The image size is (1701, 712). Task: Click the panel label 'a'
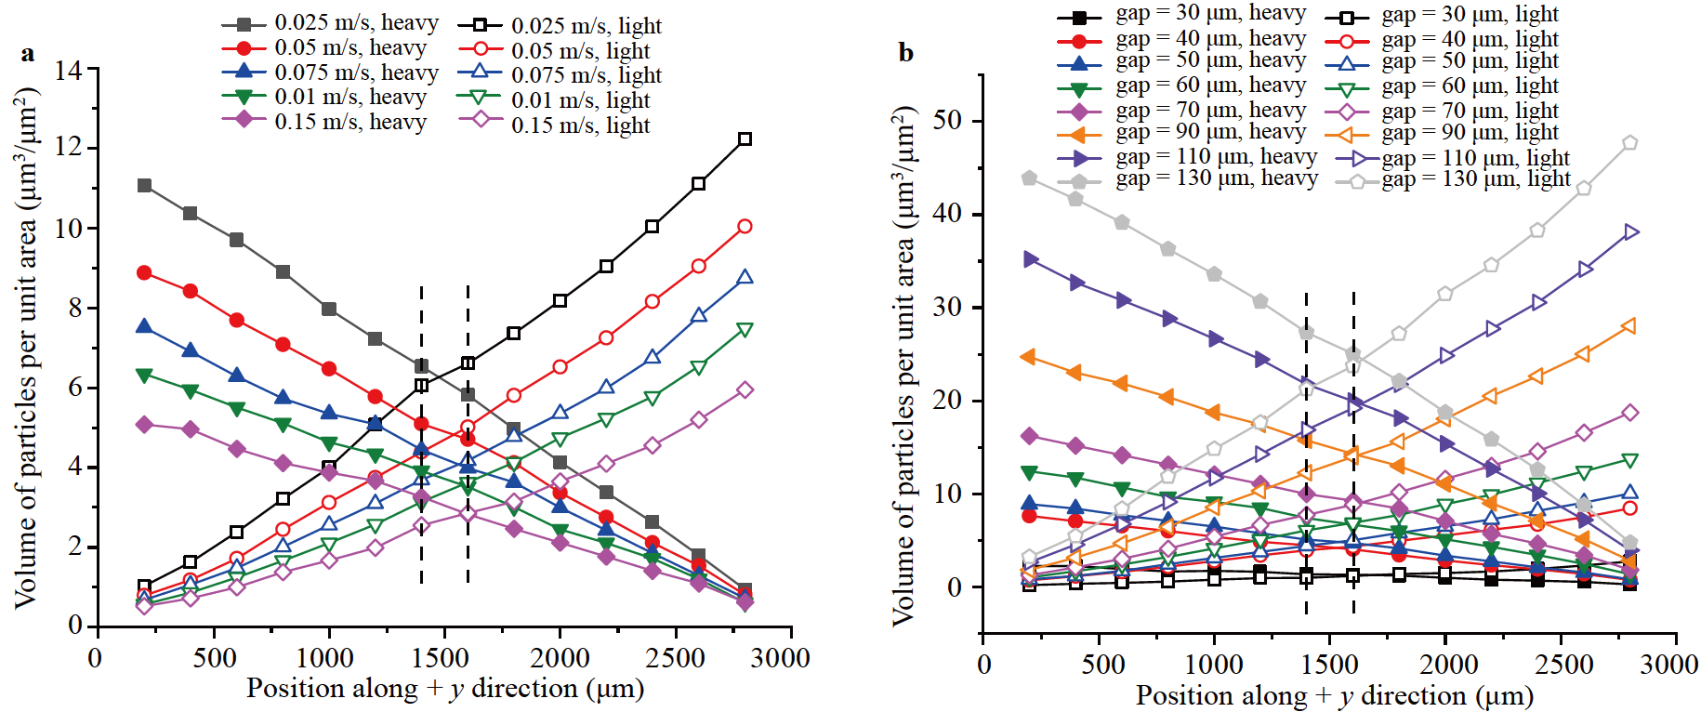point(28,54)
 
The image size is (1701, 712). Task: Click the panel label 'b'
point(905,53)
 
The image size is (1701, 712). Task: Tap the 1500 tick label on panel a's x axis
point(441,658)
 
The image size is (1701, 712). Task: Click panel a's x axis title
point(445,689)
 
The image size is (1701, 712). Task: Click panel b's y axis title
point(903,365)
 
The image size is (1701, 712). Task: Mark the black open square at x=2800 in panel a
point(745,139)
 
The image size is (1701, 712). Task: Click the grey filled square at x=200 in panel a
point(144,186)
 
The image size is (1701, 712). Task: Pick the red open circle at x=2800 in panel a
point(745,227)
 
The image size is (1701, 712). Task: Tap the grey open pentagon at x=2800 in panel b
point(1629,143)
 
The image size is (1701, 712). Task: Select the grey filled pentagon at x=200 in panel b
point(1029,178)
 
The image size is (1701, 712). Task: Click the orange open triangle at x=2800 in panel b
point(1629,326)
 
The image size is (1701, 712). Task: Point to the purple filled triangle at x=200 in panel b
point(1029,259)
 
